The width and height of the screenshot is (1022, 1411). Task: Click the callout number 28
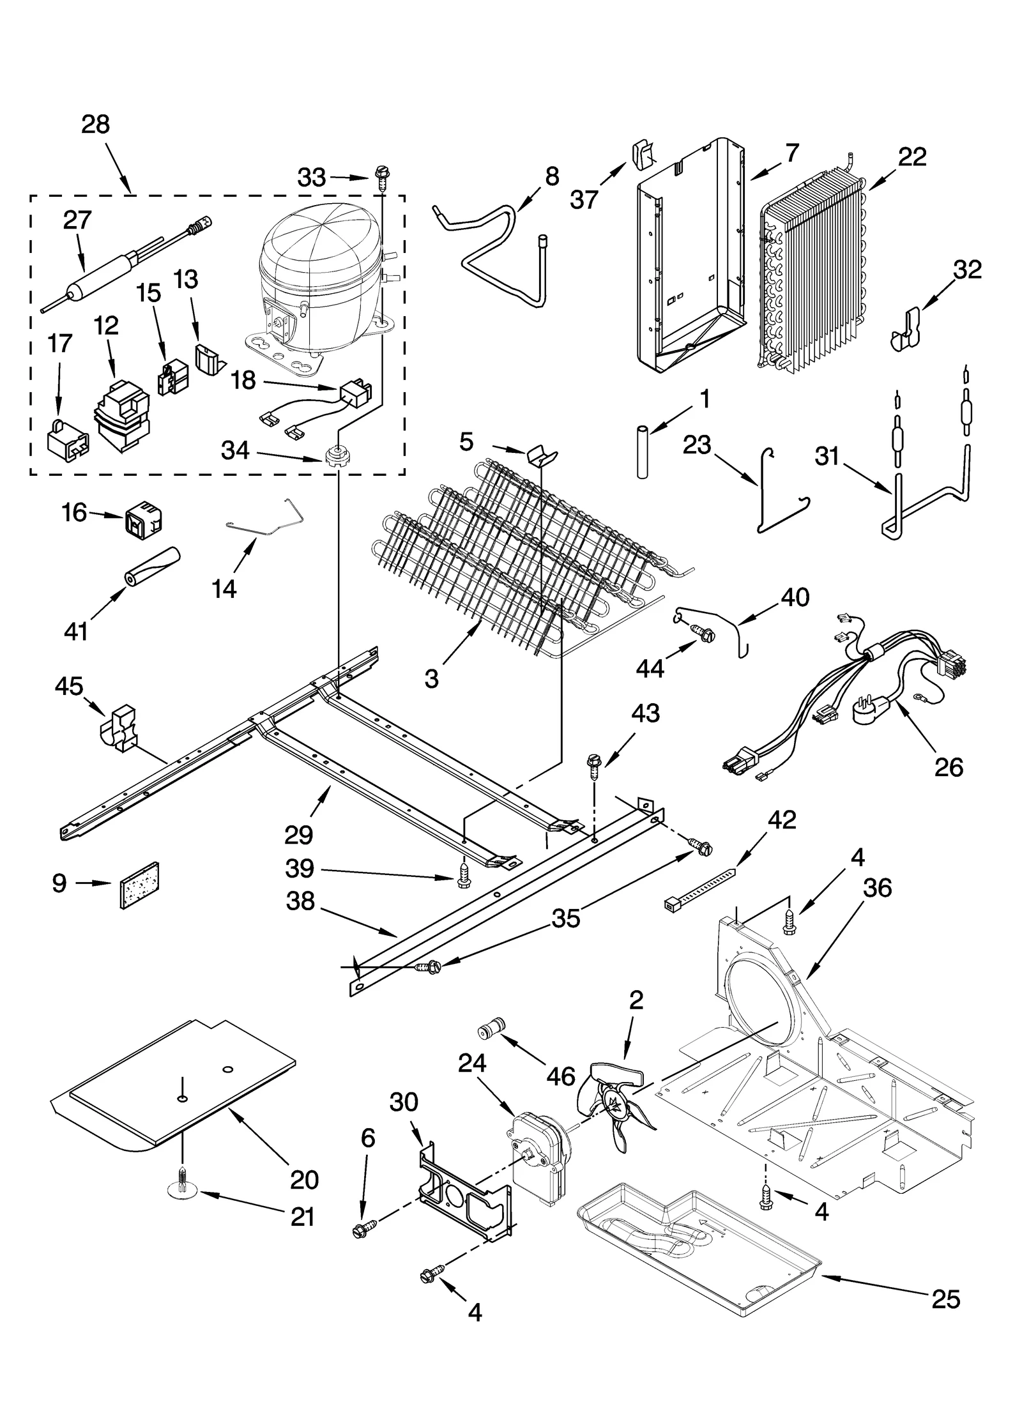coord(95,124)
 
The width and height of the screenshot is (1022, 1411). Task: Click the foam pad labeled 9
coord(139,884)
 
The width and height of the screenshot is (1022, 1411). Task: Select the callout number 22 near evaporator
coord(912,157)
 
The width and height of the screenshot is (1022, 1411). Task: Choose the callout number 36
coord(877,888)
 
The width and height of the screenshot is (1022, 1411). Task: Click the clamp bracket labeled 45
coord(120,726)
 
